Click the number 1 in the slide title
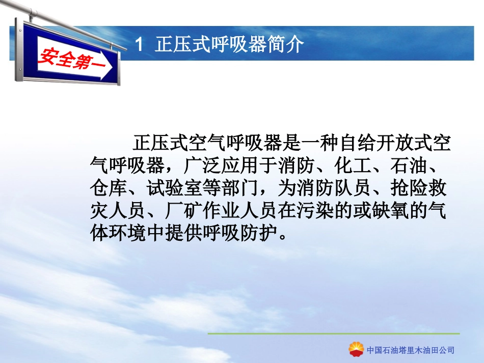click(139, 45)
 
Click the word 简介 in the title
click(285, 45)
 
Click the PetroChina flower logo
click(356, 349)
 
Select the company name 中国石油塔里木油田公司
click(411, 350)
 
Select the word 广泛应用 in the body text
click(222, 166)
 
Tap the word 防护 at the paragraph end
click(259, 233)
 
